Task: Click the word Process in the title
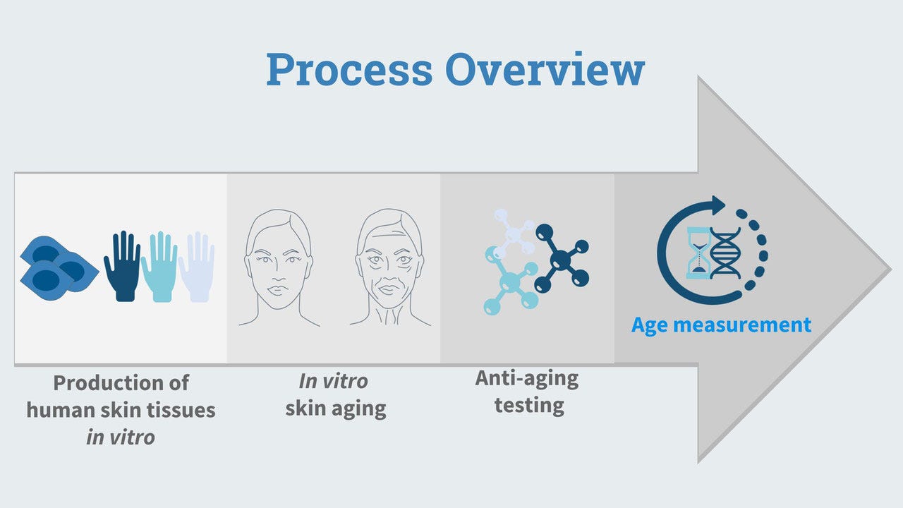click(349, 69)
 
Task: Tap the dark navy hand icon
click(122, 266)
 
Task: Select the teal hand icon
click(159, 267)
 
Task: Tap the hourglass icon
click(699, 253)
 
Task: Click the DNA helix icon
click(726, 253)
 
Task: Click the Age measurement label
click(721, 325)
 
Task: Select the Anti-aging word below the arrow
click(527, 379)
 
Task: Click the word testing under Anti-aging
click(529, 405)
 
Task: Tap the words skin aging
click(336, 409)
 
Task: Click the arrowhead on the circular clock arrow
click(718, 205)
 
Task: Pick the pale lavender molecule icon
click(513, 233)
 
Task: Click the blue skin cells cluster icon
click(59, 268)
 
